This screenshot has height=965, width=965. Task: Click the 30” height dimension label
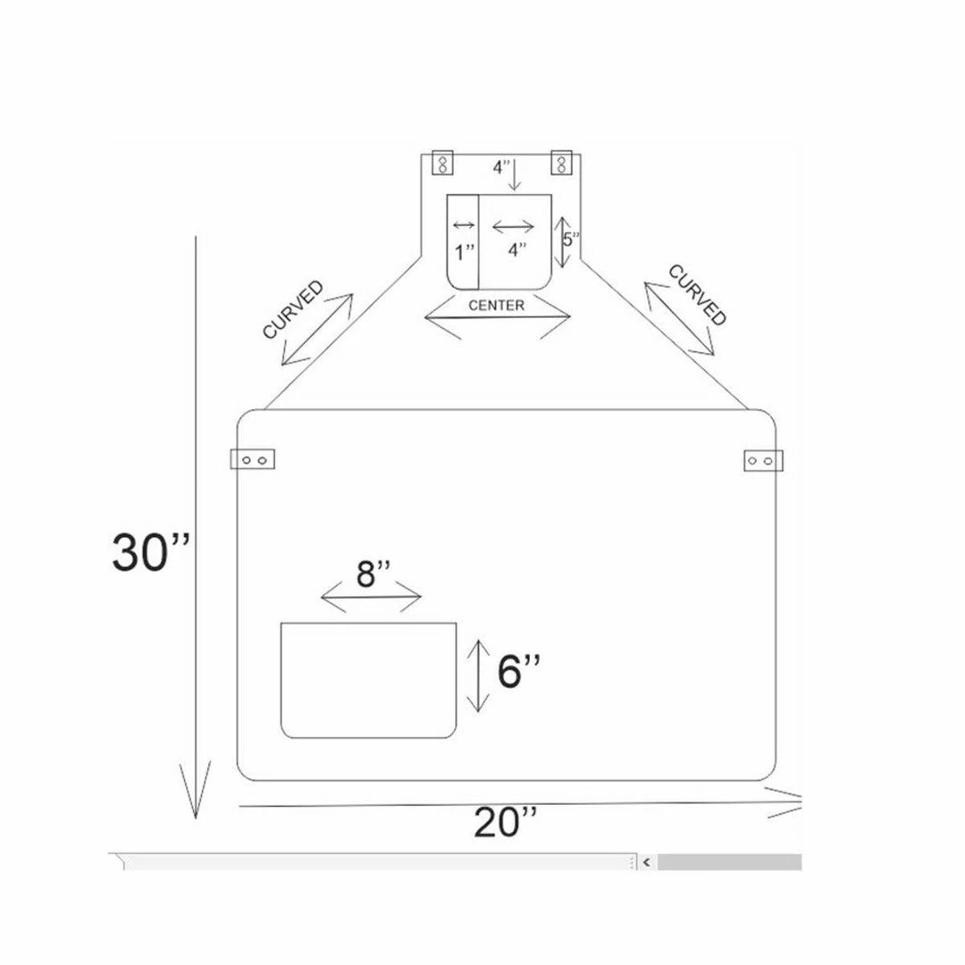click(x=151, y=552)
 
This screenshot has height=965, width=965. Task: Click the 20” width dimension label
click(x=505, y=823)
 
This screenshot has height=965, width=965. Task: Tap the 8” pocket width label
click(x=373, y=574)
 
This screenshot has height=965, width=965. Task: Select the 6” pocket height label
click(x=519, y=670)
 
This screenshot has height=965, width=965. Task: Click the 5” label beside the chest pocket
click(x=571, y=239)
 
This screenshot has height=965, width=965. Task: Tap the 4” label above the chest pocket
click(x=501, y=167)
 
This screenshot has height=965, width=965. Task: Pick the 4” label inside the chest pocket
click(x=517, y=249)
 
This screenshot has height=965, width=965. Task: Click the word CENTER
click(x=496, y=306)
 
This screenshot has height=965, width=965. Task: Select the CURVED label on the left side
click(x=293, y=309)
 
